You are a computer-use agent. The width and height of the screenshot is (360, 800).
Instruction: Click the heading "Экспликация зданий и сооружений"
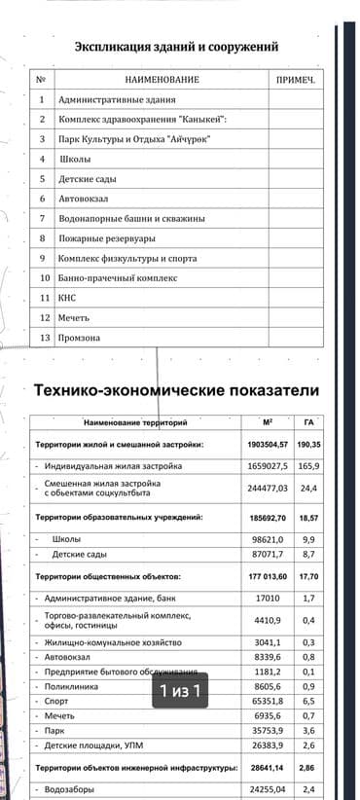point(176,46)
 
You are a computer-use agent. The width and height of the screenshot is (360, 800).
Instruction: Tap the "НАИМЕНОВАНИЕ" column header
point(162,79)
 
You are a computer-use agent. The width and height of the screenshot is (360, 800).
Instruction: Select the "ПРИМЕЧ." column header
point(296,79)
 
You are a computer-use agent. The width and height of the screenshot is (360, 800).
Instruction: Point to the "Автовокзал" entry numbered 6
point(85,199)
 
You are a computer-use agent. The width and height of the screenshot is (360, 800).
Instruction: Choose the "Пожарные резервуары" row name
point(106,238)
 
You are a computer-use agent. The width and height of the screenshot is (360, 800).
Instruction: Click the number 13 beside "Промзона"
point(42,338)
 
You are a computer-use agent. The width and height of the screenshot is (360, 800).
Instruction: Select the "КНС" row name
point(67,298)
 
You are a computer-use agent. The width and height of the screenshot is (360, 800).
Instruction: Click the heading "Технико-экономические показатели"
point(176,390)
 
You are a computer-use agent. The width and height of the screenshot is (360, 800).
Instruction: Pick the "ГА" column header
point(307,423)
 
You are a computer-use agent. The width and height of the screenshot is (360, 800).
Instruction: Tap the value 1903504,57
point(268,444)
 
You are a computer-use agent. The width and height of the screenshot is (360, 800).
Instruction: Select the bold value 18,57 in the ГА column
point(307,518)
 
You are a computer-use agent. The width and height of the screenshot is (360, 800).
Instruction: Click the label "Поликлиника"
point(71,686)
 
